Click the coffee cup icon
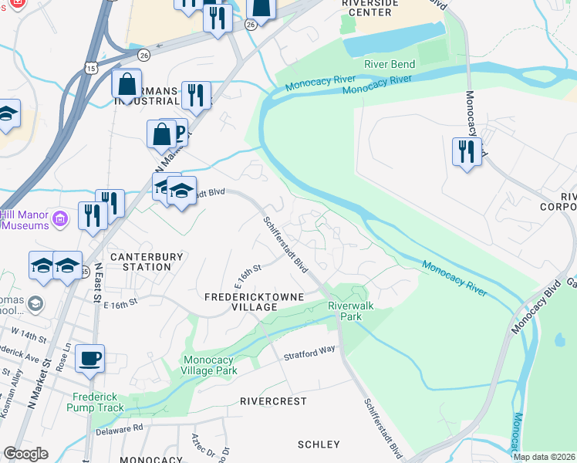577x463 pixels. pyautogui.click(x=90, y=358)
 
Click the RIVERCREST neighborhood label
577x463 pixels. pyautogui.click(x=273, y=401)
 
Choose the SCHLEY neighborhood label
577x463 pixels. pyautogui.click(x=319, y=444)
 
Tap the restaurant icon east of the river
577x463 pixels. pyautogui.click(x=467, y=150)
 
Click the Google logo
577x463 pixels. pyautogui.click(x=25, y=454)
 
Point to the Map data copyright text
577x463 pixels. pyautogui.click(x=544, y=457)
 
